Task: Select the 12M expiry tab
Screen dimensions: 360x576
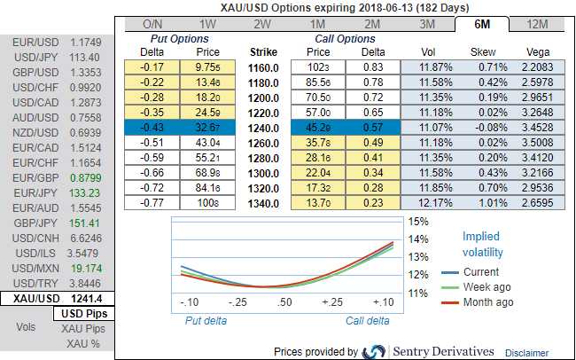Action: pyautogui.click(x=537, y=24)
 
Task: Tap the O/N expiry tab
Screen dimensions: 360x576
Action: pyautogui.click(x=152, y=24)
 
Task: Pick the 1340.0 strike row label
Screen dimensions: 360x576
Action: pyautogui.click(x=263, y=203)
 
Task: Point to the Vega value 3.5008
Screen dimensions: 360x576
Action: pyautogui.click(x=538, y=142)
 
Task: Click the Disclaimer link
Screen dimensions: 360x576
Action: pyautogui.click(x=528, y=352)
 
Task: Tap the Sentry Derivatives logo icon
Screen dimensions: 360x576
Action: pyautogui.click(x=374, y=351)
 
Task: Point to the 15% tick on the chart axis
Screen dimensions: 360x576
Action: pyautogui.click(x=419, y=221)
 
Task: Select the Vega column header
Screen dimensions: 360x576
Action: pyautogui.click(x=538, y=53)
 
